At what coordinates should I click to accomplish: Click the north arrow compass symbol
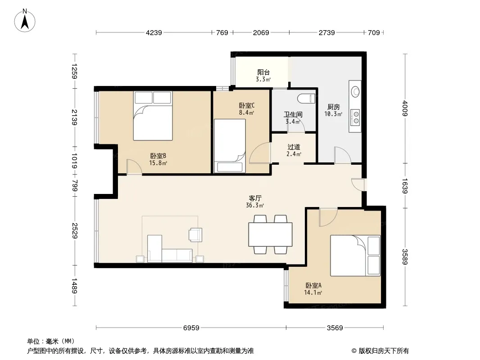(x=25, y=21)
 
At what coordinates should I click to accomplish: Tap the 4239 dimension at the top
(x=154, y=32)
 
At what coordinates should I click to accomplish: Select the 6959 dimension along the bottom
(x=191, y=328)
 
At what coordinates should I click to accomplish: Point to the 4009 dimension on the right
(x=405, y=108)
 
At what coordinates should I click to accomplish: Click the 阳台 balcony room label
(x=263, y=72)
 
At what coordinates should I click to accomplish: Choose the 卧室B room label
(x=158, y=156)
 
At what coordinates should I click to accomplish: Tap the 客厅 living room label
(x=255, y=198)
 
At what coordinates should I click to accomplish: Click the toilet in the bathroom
(x=306, y=98)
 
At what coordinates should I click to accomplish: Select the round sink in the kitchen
(x=355, y=91)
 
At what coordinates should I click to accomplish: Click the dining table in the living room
(x=270, y=234)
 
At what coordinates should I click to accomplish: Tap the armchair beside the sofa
(x=195, y=234)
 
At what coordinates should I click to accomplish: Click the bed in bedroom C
(x=230, y=146)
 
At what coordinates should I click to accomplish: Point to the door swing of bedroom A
(x=328, y=217)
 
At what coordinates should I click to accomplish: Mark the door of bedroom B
(x=134, y=166)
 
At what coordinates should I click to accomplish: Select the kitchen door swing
(x=342, y=155)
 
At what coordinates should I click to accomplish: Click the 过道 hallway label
(x=294, y=147)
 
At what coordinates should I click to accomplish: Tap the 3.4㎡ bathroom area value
(x=293, y=121)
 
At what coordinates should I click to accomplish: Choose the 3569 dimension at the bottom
(x=335, y=328)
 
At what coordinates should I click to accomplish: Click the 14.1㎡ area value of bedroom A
(x=313, y=292)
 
